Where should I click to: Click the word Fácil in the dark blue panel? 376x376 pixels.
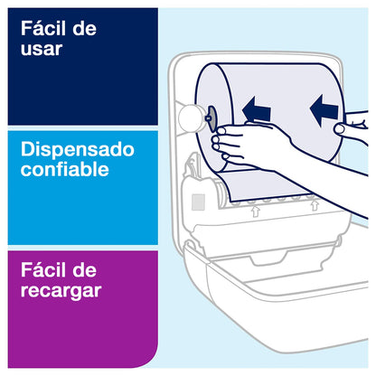point(43,28)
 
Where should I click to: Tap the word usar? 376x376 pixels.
point(42,49)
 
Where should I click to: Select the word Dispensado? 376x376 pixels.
point(78,149)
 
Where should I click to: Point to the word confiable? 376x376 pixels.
point(65,169)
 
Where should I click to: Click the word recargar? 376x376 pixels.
point(61,292)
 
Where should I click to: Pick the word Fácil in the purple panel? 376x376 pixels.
point(43,269)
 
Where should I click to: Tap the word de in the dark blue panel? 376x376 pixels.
point(84,29)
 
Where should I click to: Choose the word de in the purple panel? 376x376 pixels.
point(84,270)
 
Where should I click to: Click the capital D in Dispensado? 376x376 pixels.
point(27,149)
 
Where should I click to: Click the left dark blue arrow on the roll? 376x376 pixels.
point(256,109)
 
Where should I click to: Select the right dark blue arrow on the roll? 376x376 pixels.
point(324,110)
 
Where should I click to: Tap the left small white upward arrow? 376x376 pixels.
point(256,211)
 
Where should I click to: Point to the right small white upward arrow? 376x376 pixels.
point(315,205)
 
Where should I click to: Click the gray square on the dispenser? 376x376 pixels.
point(198,202)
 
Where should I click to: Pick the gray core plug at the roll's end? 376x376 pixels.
point(211,119)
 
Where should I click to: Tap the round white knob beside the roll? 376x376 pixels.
point(189,118)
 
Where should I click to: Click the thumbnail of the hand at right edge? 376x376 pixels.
point(339,129)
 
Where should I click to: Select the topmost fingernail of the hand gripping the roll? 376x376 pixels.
point(221,131)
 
